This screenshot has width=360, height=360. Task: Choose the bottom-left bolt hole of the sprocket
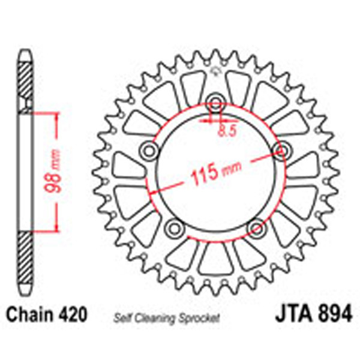coord(173,227)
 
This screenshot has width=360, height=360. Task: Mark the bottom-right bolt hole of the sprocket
coord(256,227)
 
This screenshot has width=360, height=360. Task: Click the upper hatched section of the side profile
coord(25,84)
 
